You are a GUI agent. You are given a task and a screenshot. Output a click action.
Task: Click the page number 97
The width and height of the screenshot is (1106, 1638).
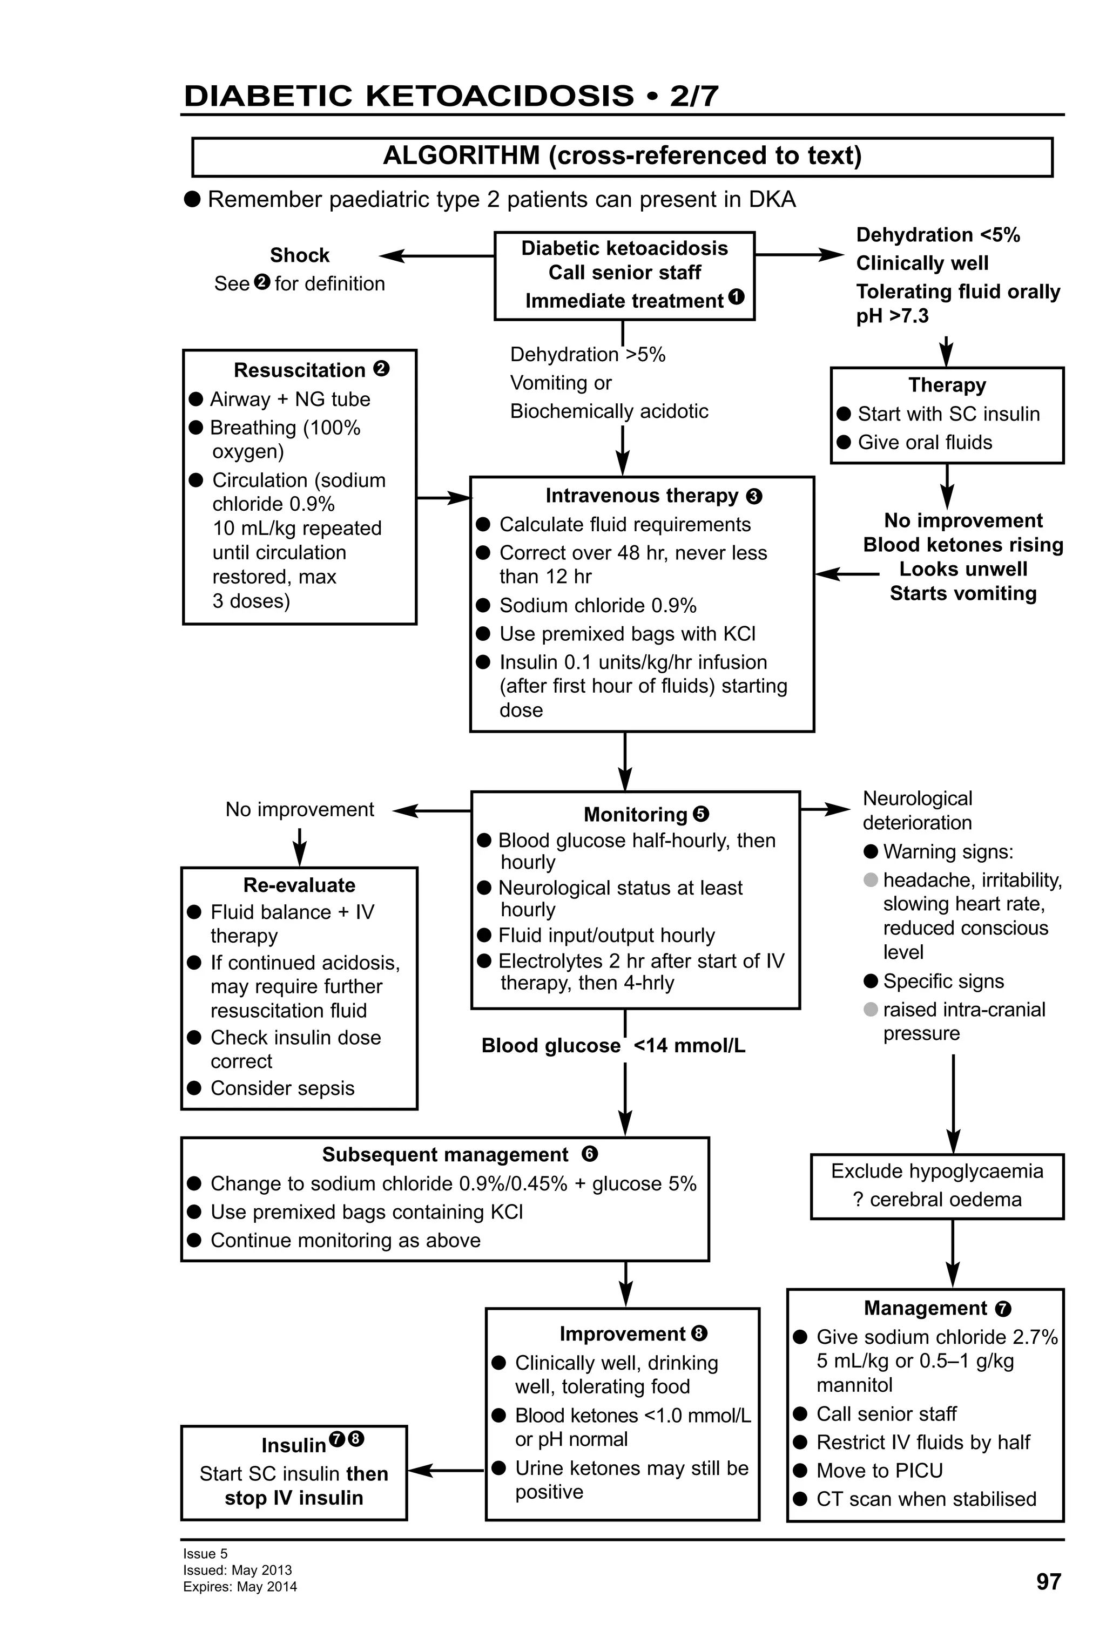click(1048, 1582)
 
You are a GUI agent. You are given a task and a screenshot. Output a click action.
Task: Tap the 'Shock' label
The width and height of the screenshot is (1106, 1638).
click(300, 255)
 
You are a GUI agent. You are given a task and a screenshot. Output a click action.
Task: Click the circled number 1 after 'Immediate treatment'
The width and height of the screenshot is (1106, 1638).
click(736, 297)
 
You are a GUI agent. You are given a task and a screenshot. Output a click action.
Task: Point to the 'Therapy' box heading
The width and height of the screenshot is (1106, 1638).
click(947, 385)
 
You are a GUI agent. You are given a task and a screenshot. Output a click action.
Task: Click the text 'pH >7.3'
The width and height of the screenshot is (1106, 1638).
click(892, 316)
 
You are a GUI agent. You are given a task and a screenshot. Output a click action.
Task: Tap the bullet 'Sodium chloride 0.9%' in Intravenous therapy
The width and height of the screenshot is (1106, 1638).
click(597, 605)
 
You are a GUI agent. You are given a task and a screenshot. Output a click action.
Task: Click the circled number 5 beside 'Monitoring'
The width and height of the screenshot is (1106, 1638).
click(700, 814)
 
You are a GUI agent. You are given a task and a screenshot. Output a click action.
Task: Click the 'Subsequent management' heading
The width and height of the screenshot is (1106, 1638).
click(445, 1154)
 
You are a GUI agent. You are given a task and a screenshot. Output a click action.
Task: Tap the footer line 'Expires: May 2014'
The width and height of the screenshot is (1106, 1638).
click(240, 1587)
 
